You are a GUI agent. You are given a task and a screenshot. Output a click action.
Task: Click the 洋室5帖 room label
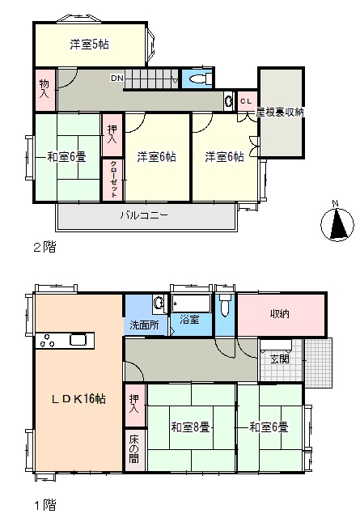coord(89,45)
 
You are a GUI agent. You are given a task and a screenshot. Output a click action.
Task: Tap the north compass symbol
coord(337,223)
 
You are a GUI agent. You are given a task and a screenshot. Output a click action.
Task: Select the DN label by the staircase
coord(117,79)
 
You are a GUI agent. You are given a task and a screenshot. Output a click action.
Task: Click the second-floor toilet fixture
coord(201,79)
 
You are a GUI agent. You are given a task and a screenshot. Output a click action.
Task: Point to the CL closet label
coord(246,101)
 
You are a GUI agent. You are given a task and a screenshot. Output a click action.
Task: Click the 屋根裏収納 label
coord(280,112)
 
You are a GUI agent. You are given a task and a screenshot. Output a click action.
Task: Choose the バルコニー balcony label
coord(144,215)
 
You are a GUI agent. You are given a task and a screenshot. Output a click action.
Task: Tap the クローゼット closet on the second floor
coord(113,180)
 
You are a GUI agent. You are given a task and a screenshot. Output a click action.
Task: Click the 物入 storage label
coord(44,88)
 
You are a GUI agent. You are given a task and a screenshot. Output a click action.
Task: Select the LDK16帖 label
coord(78,399)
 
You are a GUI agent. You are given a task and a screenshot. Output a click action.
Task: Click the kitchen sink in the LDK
coord(78,340)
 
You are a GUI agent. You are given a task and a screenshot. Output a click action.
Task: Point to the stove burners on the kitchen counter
coord(47,341)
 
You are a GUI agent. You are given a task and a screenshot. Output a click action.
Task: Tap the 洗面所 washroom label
coord(144,325)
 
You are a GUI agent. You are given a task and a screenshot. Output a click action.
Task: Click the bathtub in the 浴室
coord(191,303)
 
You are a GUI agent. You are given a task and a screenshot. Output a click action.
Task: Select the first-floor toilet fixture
coord(225,305)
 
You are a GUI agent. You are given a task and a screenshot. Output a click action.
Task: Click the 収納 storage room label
coord(280,313)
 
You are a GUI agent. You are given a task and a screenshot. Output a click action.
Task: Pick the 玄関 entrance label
coord(280,359)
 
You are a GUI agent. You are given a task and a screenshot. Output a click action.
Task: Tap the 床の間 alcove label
coord(133,449)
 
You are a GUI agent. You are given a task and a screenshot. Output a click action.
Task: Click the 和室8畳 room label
coord(190,427)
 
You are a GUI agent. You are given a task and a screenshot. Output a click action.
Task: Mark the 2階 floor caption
coord(45,247)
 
